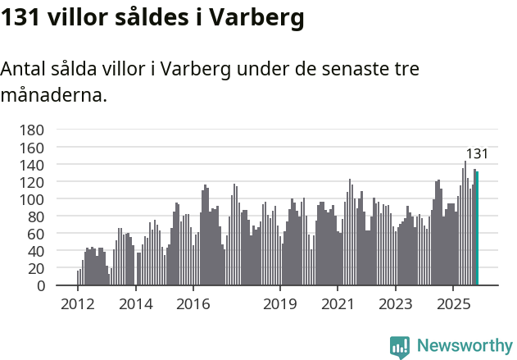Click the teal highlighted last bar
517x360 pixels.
477,229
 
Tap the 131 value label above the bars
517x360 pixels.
477,154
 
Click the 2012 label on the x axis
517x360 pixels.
78,305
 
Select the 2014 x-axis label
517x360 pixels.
135,305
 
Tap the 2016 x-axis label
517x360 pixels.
193,305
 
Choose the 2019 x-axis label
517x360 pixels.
280,305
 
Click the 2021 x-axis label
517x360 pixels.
338,305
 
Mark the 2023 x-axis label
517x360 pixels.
396,305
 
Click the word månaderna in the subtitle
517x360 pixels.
53,95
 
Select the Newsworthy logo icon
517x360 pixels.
400,347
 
